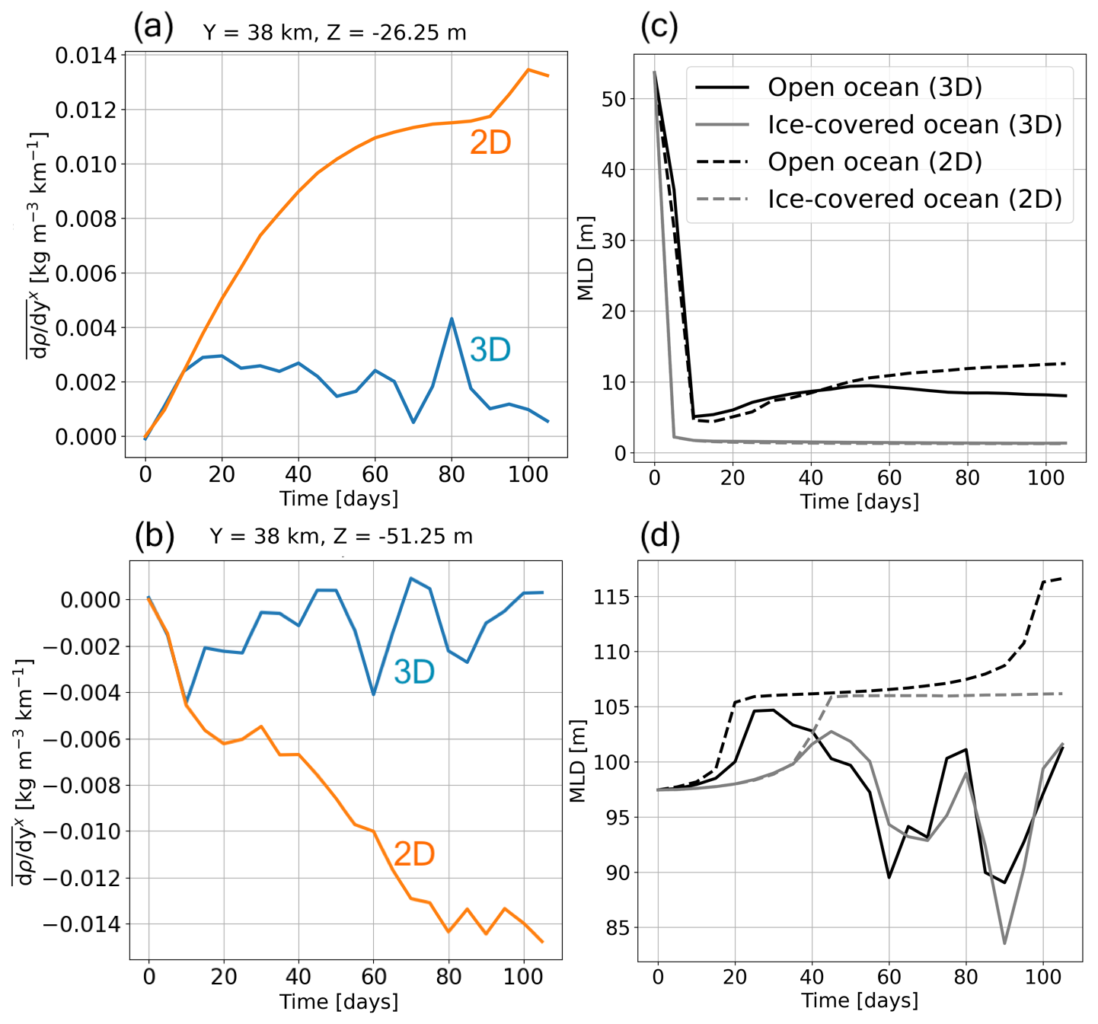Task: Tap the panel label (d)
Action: click(x=659, y=536)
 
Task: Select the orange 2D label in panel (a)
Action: click(x=490, y=143)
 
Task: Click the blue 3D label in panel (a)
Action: click(x=490, y=350)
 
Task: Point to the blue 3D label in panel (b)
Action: click(x=413, y=672)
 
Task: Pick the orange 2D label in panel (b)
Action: click(x=413, y=854)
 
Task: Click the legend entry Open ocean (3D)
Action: click(x=874, y=88)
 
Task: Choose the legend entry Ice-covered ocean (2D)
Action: click(x=914, y=199)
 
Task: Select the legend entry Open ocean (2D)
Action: click(x=874, y=161)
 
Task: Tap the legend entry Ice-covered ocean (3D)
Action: click(x=914, y=125)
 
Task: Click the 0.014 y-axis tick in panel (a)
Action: click(x=86, y=56)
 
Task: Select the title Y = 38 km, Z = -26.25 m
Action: click(x=334, y=33)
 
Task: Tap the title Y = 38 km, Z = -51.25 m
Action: click(x=340, y=537)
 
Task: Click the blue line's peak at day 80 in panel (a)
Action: click(x=452, y=319)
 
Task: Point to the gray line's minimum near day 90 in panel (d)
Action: click(x=1004, y=943)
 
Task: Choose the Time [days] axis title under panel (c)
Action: click(x=859, y=502)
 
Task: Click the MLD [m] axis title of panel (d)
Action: click(x=578, y=761)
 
